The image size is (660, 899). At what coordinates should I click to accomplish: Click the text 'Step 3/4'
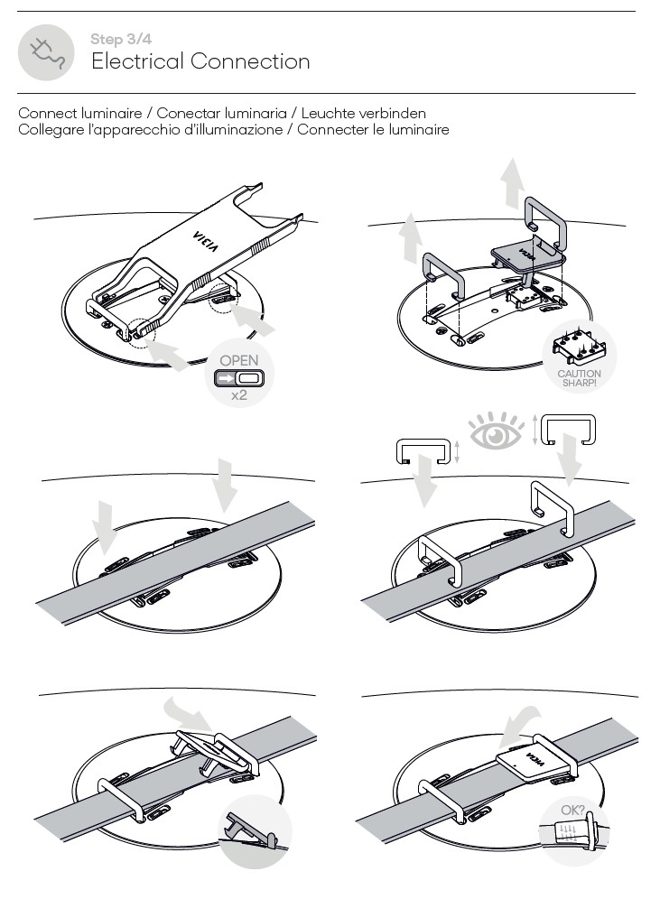click(x=118, y=39)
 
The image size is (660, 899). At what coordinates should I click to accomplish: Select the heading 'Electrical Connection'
click(x=200, y=61)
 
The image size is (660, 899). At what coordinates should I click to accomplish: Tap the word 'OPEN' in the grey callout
click(x=239, y=361)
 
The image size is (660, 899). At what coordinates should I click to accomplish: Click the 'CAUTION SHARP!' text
click(x=579, y=377)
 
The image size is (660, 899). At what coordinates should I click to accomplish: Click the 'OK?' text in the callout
click(x=572, y=811)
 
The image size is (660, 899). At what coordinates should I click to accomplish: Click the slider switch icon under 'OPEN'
click(x=239, y=378)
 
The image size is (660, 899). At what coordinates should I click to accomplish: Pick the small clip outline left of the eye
click(x=422, y=449)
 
